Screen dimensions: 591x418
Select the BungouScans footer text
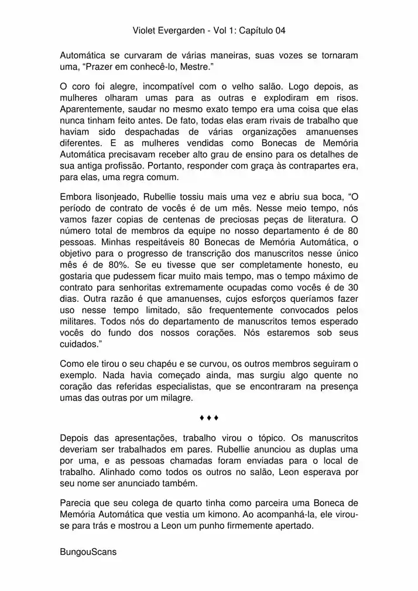click(88, 552)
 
